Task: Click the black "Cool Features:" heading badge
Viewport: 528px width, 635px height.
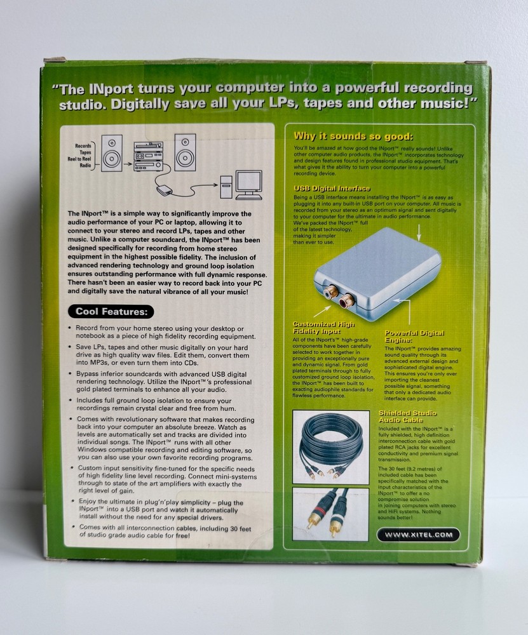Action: pyautogui.click(x=111, y=311)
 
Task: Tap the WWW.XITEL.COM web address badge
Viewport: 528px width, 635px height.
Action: pyautogui.click(x=427, y=535)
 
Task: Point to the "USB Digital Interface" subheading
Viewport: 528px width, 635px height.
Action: pyautogui.click(x=332, y=189)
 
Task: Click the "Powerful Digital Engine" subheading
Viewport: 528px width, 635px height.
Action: pyautogui.click(x=415, y=336)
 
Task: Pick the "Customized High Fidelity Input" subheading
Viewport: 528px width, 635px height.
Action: pyautogui.click(x=324, y=328)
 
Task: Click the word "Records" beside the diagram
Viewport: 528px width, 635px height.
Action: pyautogui.click(x=83, y=145)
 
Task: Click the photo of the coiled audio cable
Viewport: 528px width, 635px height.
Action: pyautogui.click(x=330, y=446)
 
